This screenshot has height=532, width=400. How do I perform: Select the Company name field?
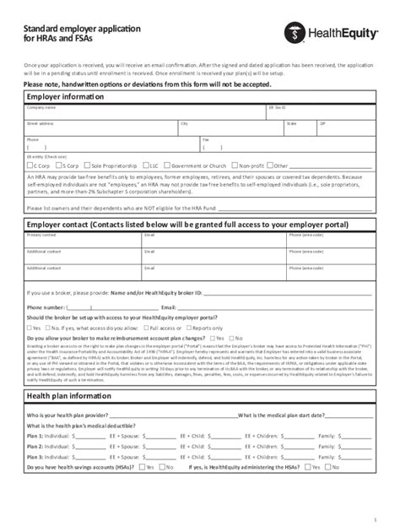coord(143,111)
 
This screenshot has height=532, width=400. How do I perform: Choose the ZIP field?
coord(346,128)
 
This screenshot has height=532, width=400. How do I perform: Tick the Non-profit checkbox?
coord(234,166)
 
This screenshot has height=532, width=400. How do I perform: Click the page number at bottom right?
coord(374,519)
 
